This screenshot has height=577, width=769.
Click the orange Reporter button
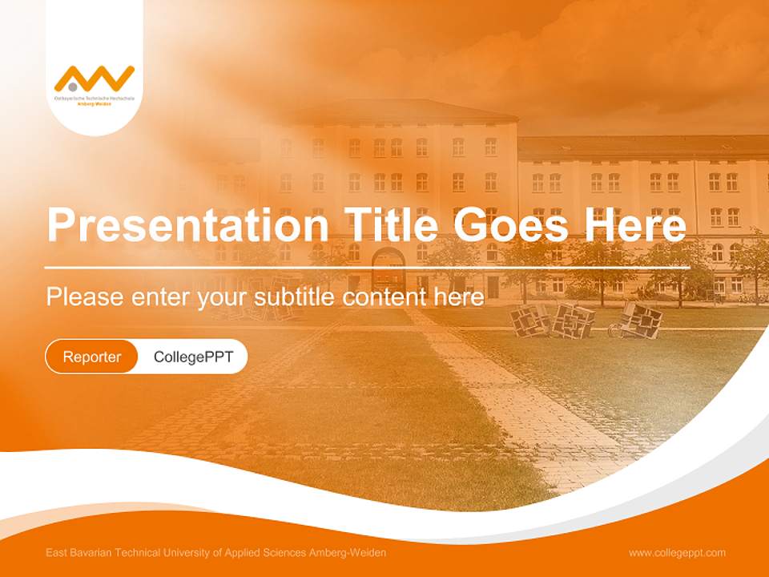coord(91,357)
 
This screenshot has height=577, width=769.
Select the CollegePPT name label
coord(193,357)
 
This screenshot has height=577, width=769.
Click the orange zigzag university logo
coord(95,79)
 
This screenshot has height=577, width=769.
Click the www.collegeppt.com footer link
coord(677,553)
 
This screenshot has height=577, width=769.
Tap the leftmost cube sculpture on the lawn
coord(529,320)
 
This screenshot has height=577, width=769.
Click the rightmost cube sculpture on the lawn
coord(641,321)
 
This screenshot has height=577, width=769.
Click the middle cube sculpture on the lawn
coord(575,321)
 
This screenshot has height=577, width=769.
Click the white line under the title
coord(367,267)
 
